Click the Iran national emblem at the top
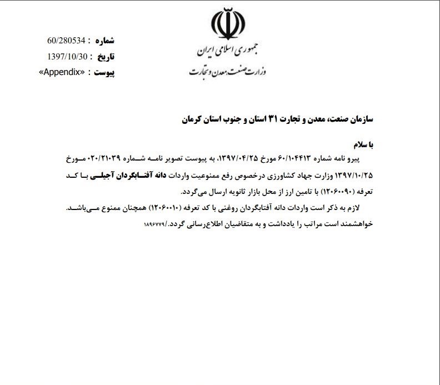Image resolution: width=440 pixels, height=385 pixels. coord(228,26)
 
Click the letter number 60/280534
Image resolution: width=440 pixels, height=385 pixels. coord(66,41)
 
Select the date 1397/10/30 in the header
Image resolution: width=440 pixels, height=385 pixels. coord(67,57)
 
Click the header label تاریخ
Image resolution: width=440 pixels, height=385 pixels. coord(105,57)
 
